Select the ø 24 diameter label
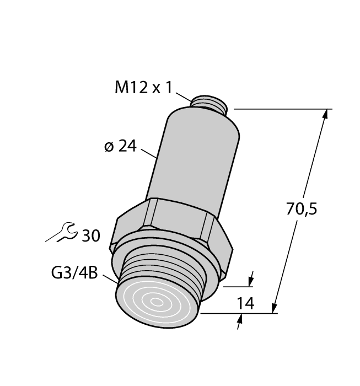[120, 147]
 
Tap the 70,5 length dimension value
[302, 210]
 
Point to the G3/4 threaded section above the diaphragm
[165, 270]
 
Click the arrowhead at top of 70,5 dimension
[326, 114]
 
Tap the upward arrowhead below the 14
[241, 318]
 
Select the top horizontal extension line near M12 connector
[281, 109]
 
